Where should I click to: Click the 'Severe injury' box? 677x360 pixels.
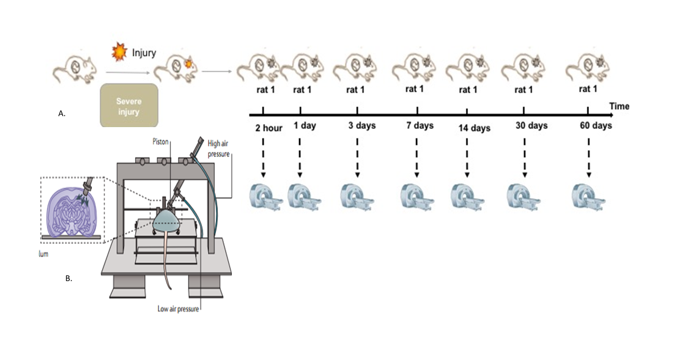(128, 105)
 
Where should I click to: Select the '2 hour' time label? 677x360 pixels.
(269, 128)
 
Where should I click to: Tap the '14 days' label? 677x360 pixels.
(474, 128)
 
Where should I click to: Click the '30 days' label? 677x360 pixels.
(530, 126)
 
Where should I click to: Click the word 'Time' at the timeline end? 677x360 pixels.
(619, 106)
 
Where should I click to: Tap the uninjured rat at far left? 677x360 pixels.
(74, 67)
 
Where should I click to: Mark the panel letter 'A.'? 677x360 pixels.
(62, 114)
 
